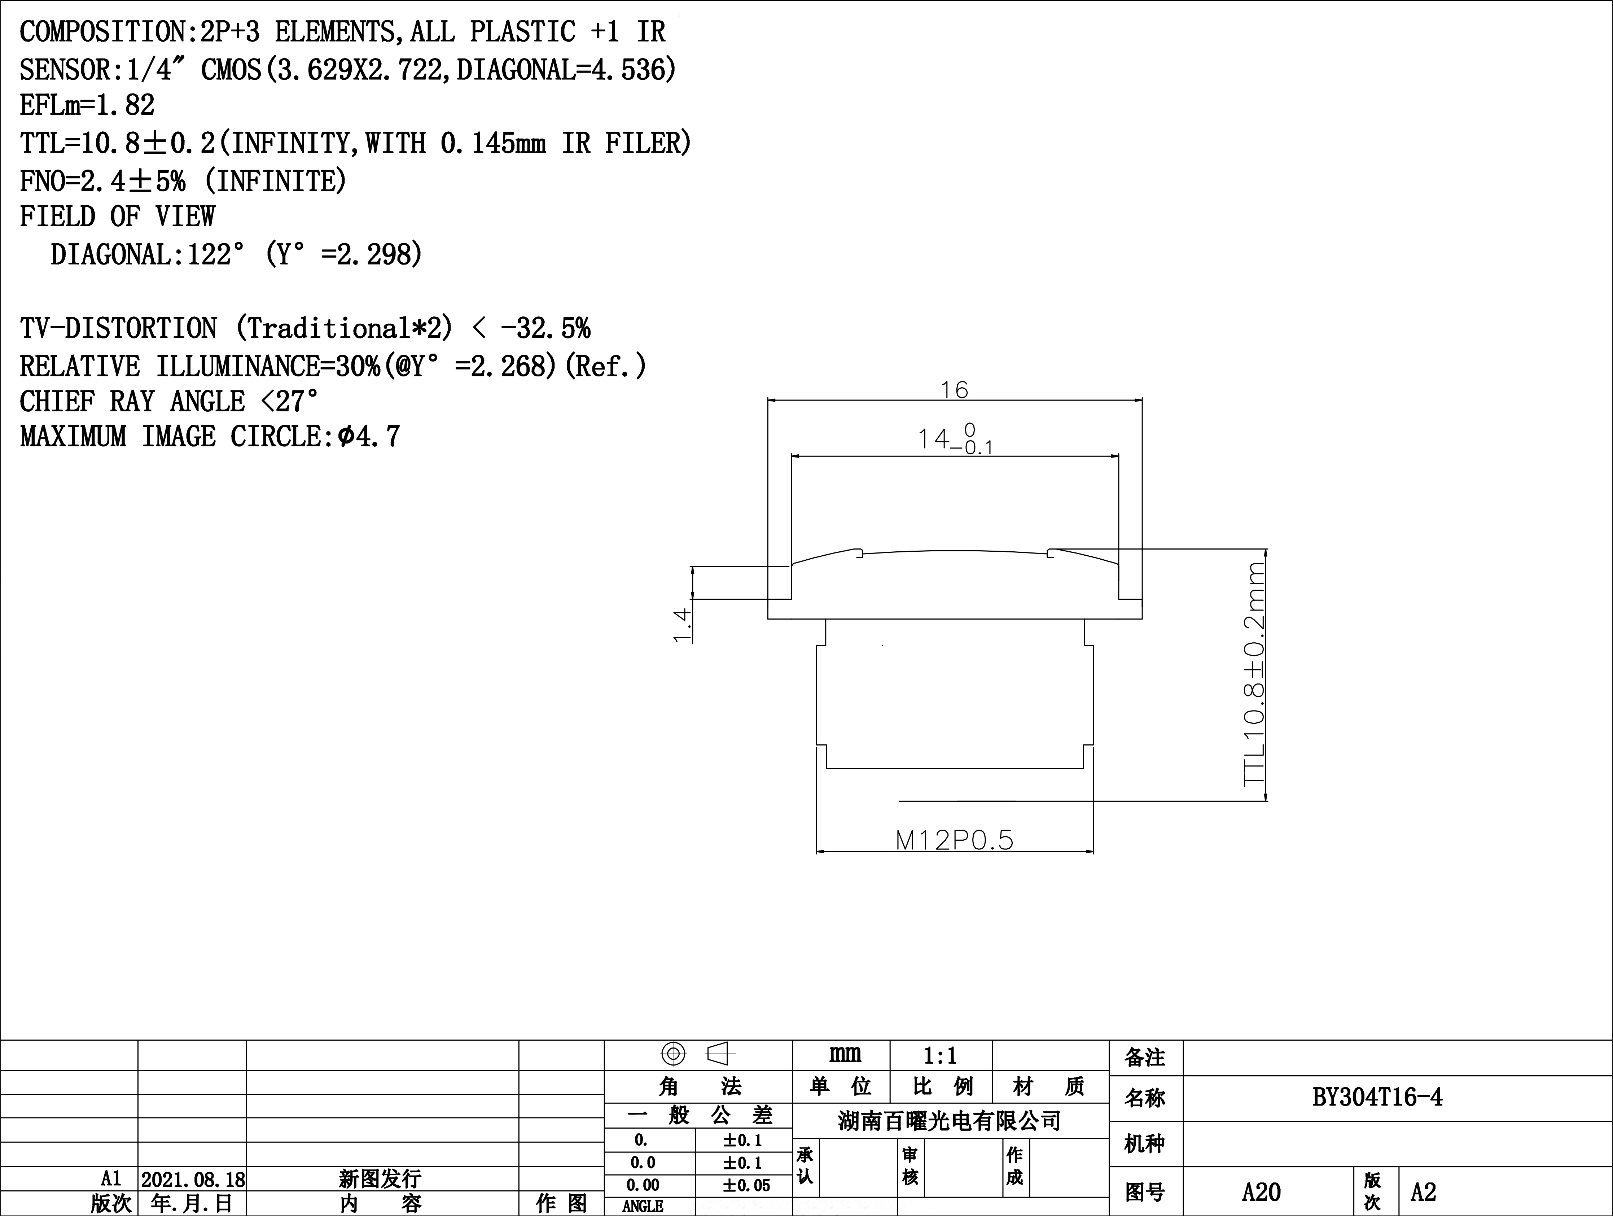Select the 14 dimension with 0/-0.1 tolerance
click(955, 438)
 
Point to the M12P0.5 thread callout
click(955, 840)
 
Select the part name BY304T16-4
click(1377, 1097)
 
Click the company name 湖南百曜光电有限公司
click(950, 1120)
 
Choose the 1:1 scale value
click(940, 1055)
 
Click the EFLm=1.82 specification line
click(88, 105)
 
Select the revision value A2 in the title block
click(1423, 1192)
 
